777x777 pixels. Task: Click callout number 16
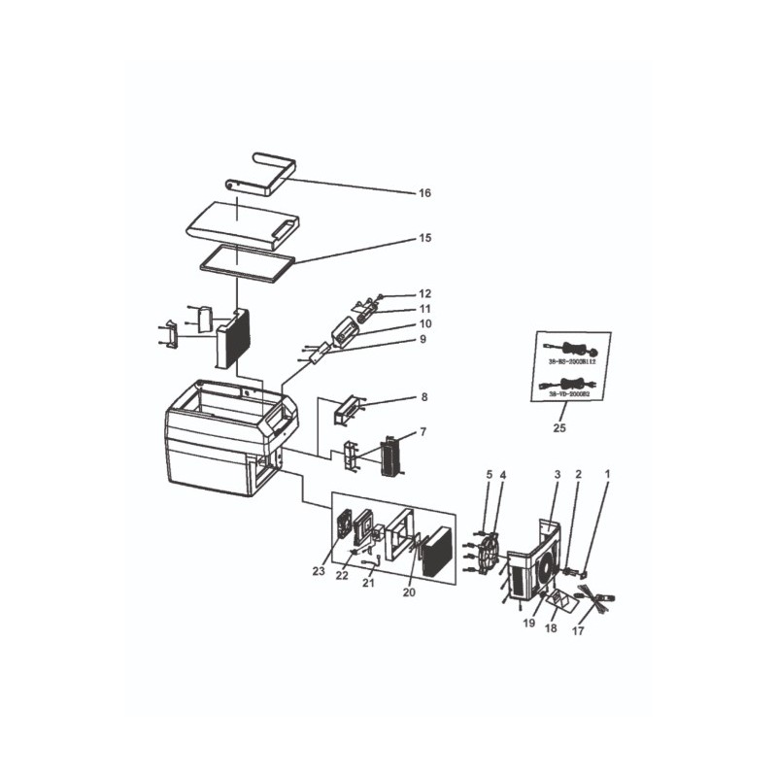(424, 193)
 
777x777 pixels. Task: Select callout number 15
(424, 238)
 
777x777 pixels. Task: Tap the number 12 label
(424, 293)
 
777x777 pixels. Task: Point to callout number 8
(422, 397)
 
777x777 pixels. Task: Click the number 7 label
(422, 431)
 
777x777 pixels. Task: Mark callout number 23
(319, 571)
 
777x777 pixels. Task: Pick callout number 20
(409, 591)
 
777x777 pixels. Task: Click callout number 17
(578, 631)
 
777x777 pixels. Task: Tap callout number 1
(607, 475)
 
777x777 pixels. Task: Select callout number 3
(557, 475)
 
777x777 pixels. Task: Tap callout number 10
(424, 323)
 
